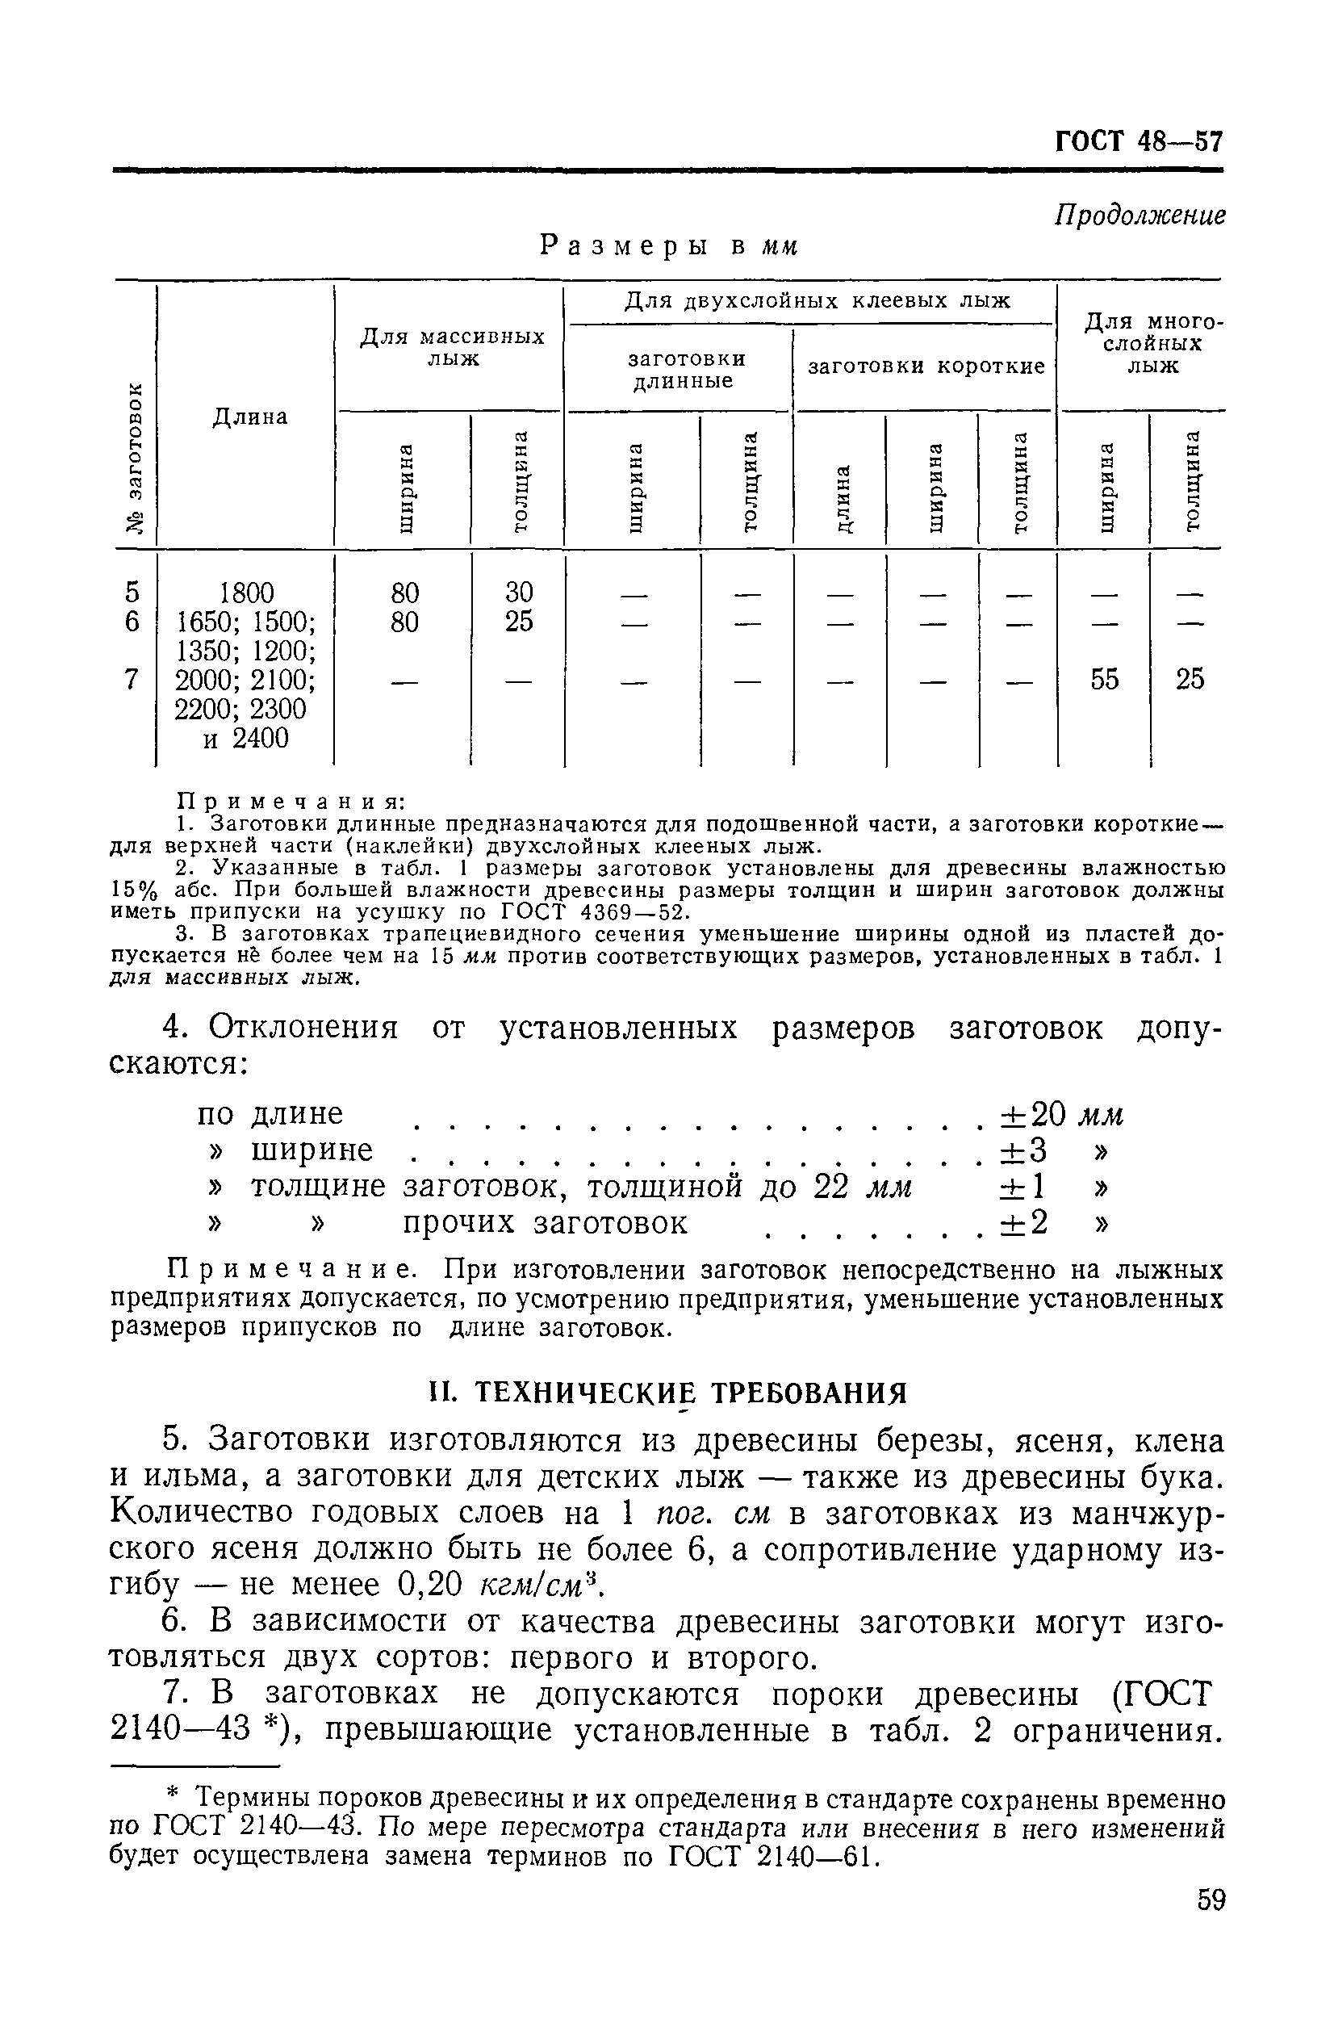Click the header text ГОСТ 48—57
1138,140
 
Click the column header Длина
249,417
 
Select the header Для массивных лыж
451,347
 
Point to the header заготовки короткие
926,367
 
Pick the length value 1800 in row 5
247,593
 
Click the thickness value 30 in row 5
518,593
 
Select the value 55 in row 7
1103,680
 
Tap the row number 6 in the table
131,622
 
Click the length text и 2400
246,738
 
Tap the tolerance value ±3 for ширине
1024,1150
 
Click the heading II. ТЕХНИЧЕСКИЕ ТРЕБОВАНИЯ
667,1393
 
